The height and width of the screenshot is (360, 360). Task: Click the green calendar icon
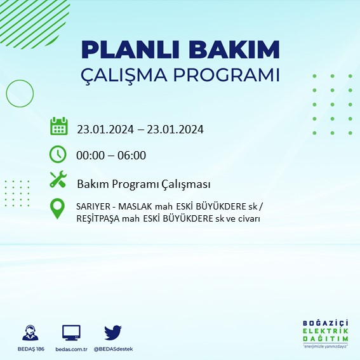58,126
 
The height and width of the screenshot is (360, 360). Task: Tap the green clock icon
58,154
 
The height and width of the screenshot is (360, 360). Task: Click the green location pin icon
58,209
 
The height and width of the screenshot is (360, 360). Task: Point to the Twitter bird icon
113,333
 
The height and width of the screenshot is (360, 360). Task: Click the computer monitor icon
71,333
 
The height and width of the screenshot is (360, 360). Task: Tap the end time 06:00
132,156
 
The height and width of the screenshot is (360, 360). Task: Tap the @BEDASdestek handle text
113,349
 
